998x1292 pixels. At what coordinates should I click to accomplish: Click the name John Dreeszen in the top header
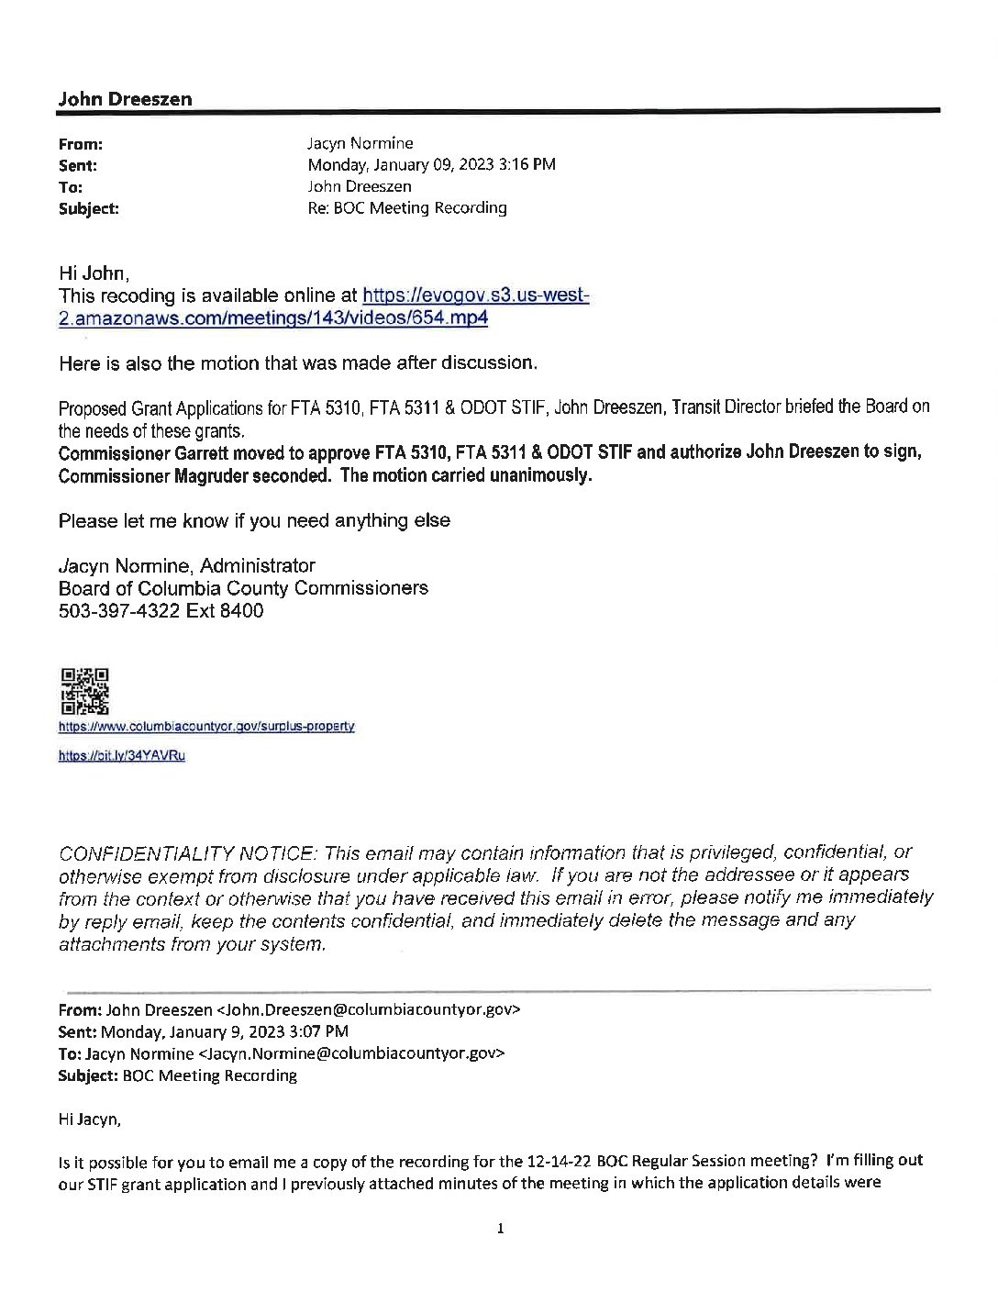tap(125, 100)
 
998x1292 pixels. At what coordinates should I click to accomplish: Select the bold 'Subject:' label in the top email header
tap(88, 209)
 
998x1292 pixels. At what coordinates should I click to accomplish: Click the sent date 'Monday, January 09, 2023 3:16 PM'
tap(431, 165)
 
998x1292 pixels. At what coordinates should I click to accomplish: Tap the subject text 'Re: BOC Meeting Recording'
tap(406, 207)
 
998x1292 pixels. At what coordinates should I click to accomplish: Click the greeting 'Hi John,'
tap(94, 273)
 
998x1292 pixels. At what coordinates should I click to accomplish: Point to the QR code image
tap(84, 691)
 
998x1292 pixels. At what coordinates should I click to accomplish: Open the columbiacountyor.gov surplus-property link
tap(206, 727)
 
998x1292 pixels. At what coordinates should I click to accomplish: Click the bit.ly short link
tap(121, 756)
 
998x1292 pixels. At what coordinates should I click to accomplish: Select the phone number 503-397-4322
tap(119, 611)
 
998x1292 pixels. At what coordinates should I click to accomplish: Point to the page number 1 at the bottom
tap(500, 1229)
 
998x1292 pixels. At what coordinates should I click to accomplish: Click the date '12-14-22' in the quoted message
tap(560, 1162)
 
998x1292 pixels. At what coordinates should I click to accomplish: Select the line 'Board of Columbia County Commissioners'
tap(243, 588)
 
